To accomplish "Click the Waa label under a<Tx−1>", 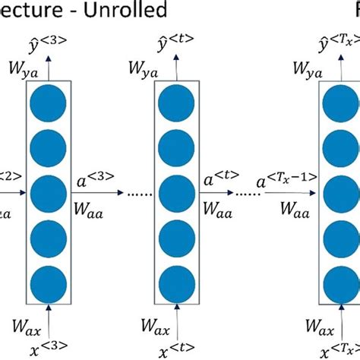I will pos(292,209).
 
